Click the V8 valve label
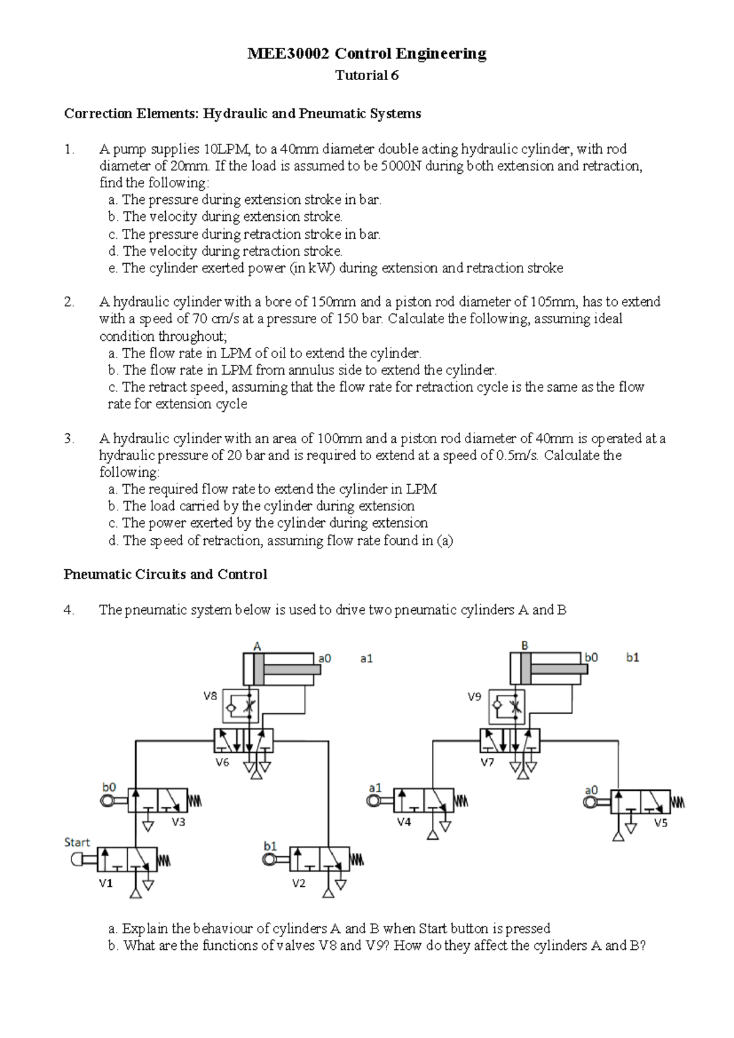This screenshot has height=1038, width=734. (210, 696)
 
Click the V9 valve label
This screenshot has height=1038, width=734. (475, 696)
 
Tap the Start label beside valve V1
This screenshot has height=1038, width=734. (77, 843)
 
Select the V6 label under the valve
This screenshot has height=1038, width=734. (222, 763)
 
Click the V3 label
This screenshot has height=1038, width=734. (178, 822)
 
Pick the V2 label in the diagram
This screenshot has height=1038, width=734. (298, 883)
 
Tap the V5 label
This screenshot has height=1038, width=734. (661, 823)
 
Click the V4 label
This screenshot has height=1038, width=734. (404, 822)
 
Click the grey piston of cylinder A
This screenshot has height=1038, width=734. (259, 670)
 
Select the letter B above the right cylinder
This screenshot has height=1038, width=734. (524, 645)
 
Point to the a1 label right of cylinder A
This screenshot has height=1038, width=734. (366, 659)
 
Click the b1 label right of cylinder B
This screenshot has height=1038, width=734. (632, 658)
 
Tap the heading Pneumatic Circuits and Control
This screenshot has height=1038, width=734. (165, 575)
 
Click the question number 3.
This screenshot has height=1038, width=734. (69, 438)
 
